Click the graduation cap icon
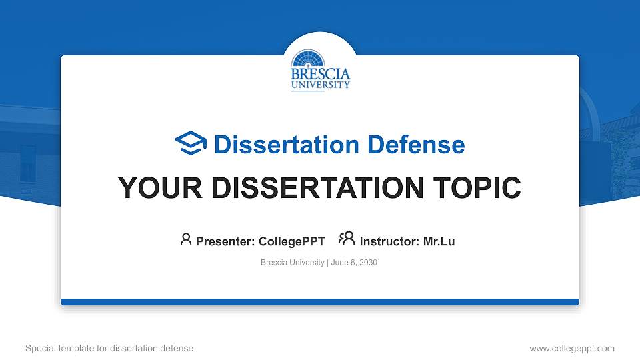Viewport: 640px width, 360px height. pyautogui.click(x=191, y=143)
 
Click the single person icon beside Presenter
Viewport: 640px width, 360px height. pyautogui.click(x=186, y=239)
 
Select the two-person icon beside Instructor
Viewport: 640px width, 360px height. pyautogui.click(x=347, y=239)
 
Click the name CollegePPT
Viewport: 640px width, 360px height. pyautogui.click(x=291, y=241)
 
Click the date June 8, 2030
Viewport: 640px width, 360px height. pyautogui.click(x=354, y=263)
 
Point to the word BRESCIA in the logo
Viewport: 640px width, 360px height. pyautogui.click(x=321, y=74)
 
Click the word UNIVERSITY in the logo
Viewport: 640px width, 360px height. pyautogui.click(x=321, y=85)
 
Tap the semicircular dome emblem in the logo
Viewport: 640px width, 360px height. pyautogui.click(x=321, y=59)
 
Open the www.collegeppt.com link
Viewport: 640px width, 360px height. pyautogui.click(x=572, y=348)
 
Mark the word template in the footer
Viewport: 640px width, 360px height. pyautogui.click(x=83, y=348)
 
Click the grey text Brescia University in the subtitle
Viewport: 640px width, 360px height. pyautogui.click(x=292, y=263)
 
